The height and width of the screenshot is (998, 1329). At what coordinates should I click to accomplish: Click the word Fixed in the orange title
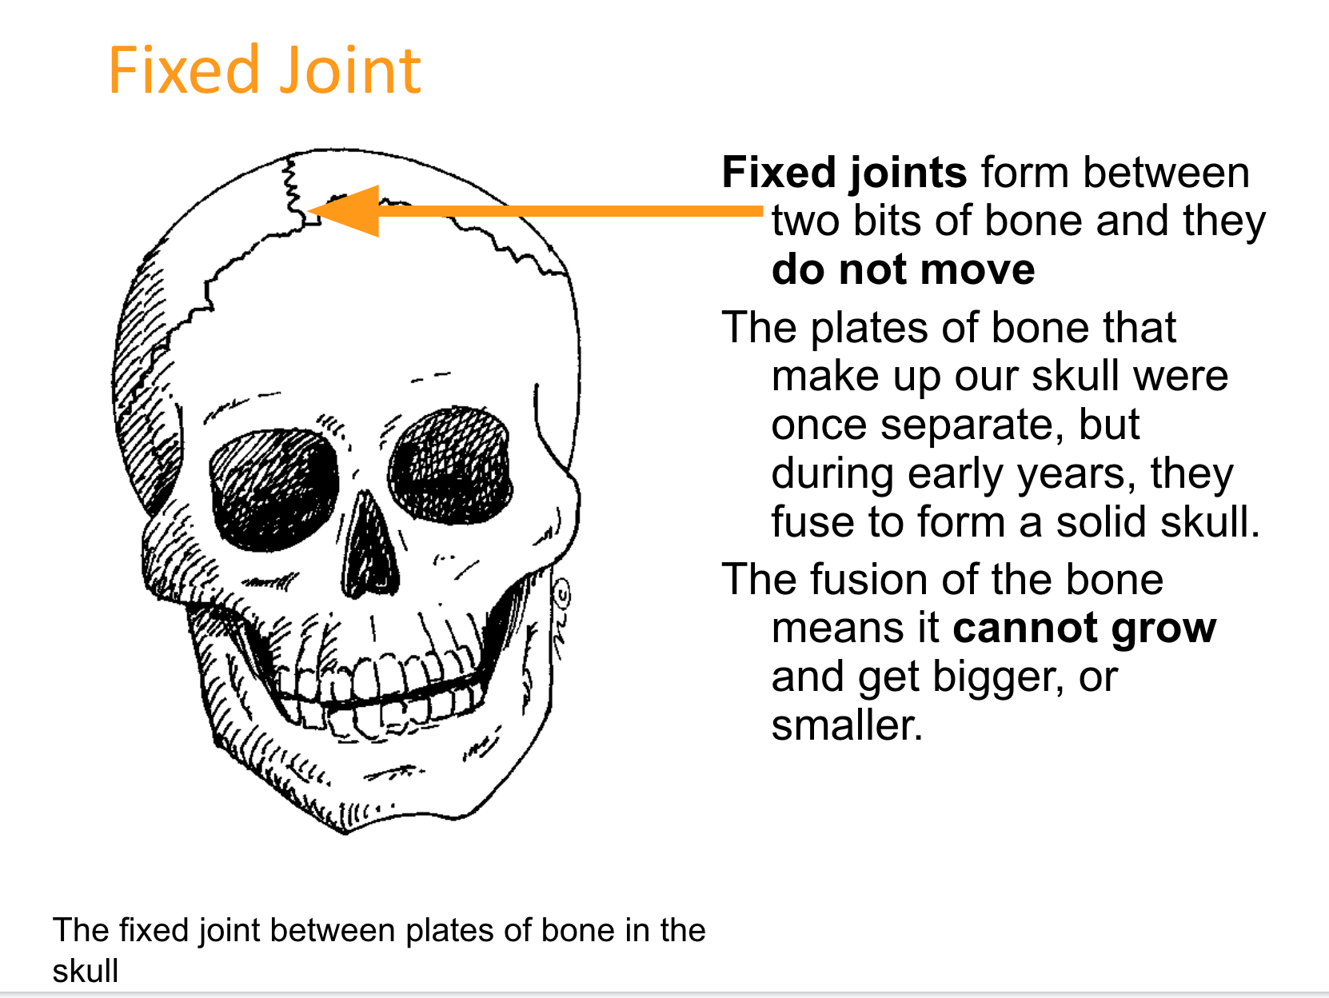[x=184, y=70]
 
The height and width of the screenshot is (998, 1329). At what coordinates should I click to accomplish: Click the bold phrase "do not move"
[x=904, y=269]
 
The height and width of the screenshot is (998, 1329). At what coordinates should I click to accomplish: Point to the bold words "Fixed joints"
[x=844, y=173]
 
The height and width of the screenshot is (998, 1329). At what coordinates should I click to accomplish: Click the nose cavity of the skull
[x=369, y=545]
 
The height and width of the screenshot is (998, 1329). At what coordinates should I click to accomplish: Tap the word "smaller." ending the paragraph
[x=847, y=725]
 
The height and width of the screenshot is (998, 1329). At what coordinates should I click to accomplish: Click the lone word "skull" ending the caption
[x=86, y=971]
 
